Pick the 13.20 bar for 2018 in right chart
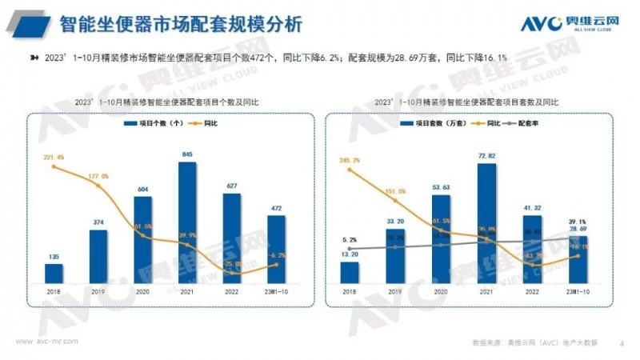click(350, 271)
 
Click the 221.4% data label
click(54, 158)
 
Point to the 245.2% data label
click(350, 161)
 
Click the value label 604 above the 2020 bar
click(142, 190)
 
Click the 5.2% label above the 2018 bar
click(350, 239)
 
